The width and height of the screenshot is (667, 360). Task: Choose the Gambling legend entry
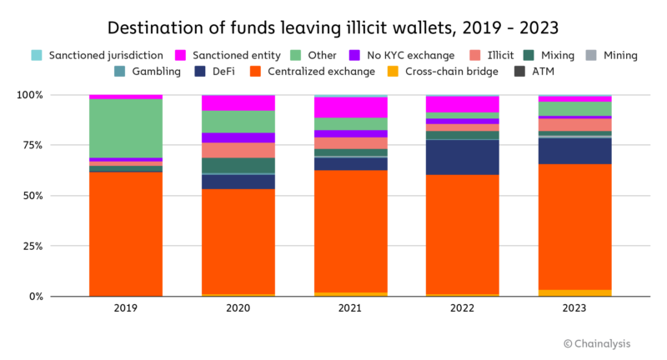pos(149,72)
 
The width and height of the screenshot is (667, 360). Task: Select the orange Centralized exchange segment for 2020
pos(238,242)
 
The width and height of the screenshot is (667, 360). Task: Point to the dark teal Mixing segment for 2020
pos(238,165)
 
